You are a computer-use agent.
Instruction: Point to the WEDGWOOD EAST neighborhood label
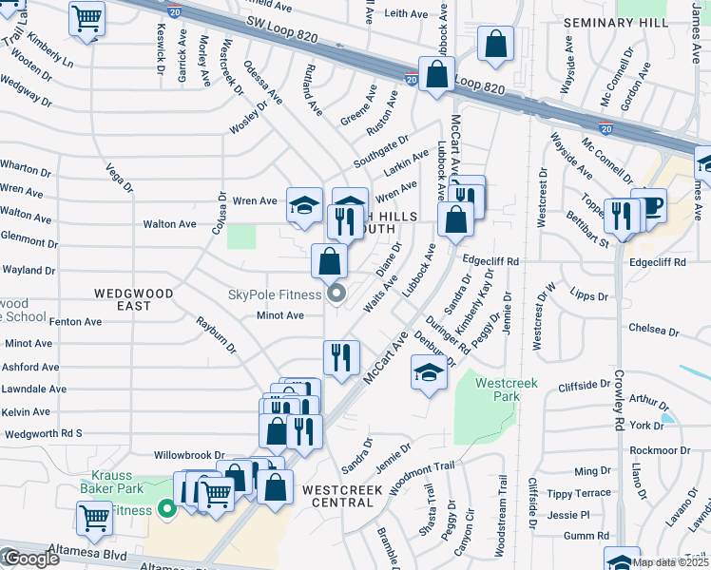(x=134, y=300)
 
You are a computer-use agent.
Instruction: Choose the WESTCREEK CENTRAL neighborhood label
(x=342, y=497)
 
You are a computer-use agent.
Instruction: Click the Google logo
(x=30, y=559)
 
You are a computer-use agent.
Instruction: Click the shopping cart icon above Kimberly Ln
(x=87, y=17)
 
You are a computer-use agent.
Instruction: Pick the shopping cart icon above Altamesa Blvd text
(x=95, y=518)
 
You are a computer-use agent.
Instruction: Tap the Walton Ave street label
(x=168, y=224)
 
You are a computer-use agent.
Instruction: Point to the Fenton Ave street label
(x=75, y=322)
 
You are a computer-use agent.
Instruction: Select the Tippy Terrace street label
(x=581, y=493)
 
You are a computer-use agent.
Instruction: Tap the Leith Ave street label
(x=408, y=13)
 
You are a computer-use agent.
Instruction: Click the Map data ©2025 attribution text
(x=671, y=562)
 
